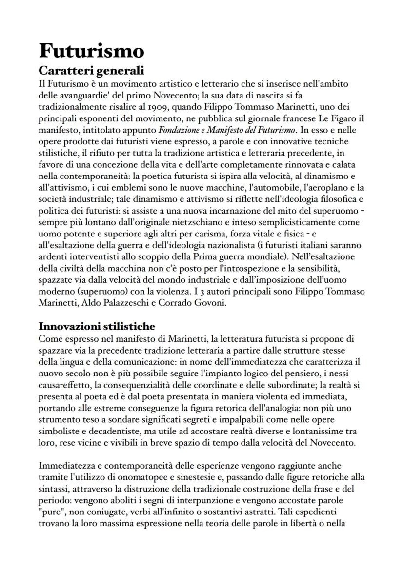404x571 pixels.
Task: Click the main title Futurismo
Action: tap(91, 51)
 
